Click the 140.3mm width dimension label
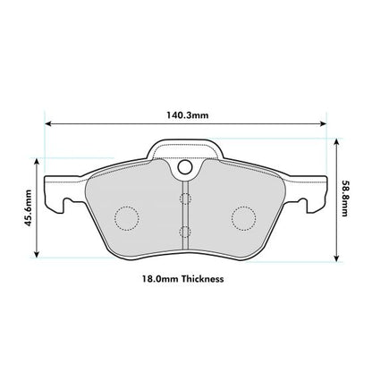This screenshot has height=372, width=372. pyautogui.click(x=185, y=114)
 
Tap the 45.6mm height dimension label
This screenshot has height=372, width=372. pyautogui.click(x=29, y=208)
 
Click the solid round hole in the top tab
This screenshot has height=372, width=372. pyautogui.click(x=184, y=166)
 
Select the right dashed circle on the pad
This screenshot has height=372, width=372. pyautogui.click(x=243, y=216)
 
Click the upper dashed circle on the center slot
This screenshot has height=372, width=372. pyautogui.click(x=184, y=199)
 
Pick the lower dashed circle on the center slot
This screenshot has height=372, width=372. pyautogui.click(x=184, y=232)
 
